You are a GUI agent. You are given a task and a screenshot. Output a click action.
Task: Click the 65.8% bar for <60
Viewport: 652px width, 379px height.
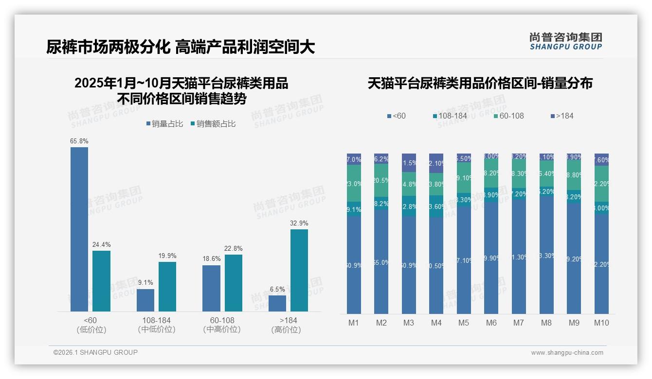coord(79,229)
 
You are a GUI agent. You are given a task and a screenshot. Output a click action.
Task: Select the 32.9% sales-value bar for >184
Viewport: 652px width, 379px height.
coord(299,270)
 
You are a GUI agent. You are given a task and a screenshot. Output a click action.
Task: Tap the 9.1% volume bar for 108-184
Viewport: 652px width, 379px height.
coord(145,300)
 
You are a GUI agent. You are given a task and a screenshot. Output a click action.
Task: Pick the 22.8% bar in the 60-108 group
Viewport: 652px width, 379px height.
coord(234,283)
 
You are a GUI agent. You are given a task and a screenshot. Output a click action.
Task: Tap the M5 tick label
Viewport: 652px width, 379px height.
coord(464,323)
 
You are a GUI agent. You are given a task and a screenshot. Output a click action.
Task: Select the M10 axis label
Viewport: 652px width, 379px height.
coord(601,323)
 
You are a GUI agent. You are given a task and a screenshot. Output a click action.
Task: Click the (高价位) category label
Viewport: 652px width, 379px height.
coord(286,329)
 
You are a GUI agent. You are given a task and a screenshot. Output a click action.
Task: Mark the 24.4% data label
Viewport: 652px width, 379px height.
coord(101,244)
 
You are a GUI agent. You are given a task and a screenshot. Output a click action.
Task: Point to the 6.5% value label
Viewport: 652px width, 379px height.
coord(277,289)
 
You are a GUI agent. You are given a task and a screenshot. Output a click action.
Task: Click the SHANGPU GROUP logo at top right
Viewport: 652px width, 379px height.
coord(565,41)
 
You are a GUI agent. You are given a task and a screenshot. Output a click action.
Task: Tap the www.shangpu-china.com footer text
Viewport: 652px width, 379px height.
coord(567,353)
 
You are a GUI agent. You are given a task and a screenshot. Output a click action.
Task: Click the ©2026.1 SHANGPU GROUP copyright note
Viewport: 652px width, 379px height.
coord(95,352)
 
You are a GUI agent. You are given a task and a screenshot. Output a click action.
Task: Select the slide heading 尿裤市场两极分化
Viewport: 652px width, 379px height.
coord(181,47)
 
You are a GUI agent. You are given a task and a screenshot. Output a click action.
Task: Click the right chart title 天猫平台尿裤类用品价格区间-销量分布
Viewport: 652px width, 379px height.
coord(480,83)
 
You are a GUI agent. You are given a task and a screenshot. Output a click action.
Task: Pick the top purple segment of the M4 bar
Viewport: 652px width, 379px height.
coord(436,163)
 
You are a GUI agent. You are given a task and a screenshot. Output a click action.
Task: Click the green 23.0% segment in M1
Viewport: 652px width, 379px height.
coord(354,183)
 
